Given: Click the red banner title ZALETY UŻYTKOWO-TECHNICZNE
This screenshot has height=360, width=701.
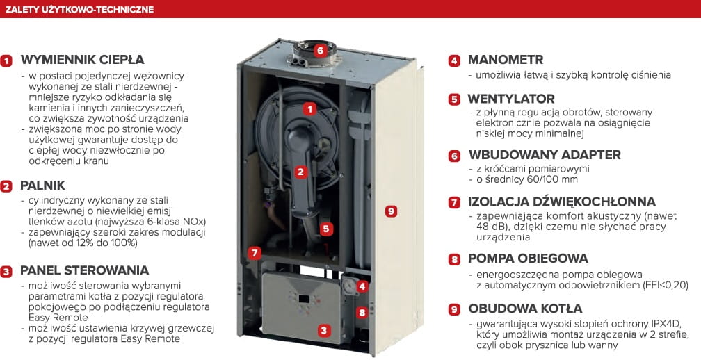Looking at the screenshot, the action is pyautogui.click(x=79, y=9).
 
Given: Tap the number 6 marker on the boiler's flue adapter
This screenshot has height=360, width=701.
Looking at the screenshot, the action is pyautogui.click(x=319, y=50).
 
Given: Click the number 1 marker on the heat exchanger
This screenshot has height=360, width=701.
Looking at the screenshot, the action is pyautogui.click(x=309, y=108).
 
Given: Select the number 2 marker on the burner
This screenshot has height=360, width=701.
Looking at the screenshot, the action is pyautogui.click(x=301, y=172).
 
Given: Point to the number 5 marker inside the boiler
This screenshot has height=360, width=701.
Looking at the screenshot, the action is pyautogui.click(x=326, y=229).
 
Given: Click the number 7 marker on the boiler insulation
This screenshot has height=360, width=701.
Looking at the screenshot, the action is pyautogui.click(x=255, y=253).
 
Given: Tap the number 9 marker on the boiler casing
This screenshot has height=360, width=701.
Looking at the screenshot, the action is pyautogui.click(x=391, y=211).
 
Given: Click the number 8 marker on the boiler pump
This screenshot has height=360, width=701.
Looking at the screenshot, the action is pyautogui.click(x=362, y=312).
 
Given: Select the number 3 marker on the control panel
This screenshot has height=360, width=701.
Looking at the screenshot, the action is pyautogui.click(x=324, y=331).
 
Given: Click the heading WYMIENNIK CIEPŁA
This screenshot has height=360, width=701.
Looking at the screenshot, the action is pyautogui.click(x=82, y=60).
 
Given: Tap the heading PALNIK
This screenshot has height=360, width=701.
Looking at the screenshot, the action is pyautogui.click(x=43, y=186).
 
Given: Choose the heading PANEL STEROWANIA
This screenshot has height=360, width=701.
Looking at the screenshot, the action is pyautogui.click(x=85, y=270).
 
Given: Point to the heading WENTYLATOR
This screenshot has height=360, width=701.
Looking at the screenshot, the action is pyautogui.click(x=511, y=99).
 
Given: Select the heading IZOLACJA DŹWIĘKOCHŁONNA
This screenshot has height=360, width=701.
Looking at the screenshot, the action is pyautogui.click(x=562, y=202).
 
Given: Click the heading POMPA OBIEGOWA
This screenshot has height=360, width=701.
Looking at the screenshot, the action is pyautogui.click(x=528, y=259).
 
